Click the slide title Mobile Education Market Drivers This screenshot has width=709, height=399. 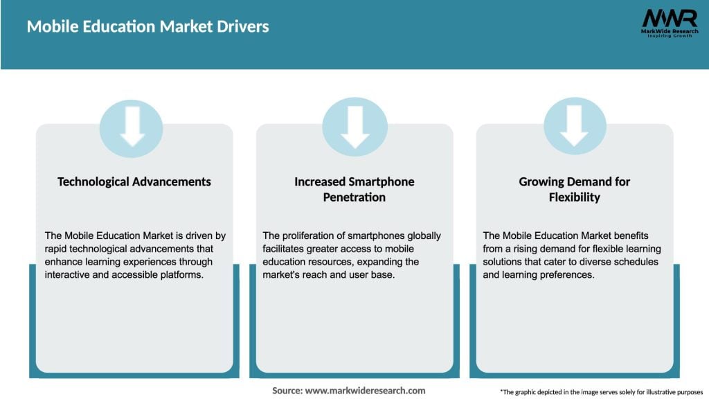[147, 27]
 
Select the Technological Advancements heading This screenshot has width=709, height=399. [134, 181]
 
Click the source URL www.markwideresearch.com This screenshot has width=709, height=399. [366, 391]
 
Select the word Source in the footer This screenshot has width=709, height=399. [287, 391]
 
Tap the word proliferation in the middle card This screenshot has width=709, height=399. [310, 236]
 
